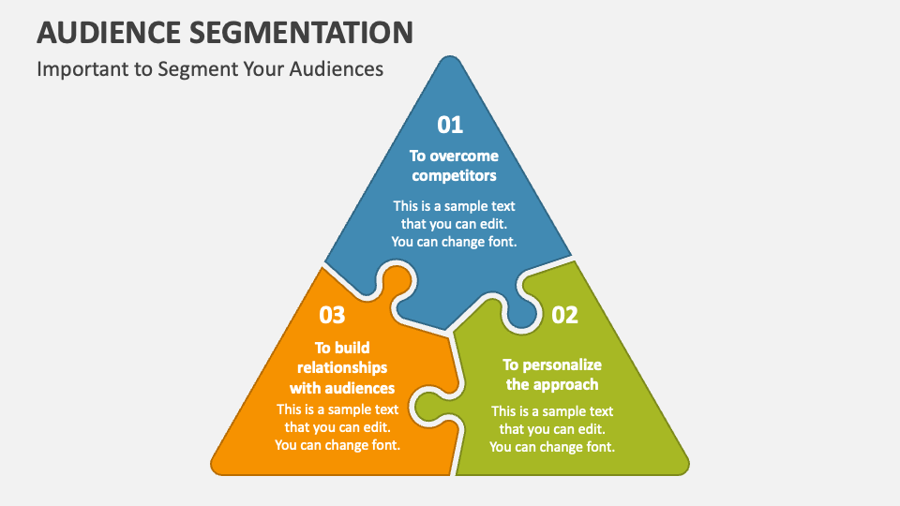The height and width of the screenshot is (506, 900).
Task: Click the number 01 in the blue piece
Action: pos(451,125)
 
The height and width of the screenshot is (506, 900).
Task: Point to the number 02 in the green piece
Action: pos(564,316)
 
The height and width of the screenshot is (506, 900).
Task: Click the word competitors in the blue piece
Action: pos(454,175)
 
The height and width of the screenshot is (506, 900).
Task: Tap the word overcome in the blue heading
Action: pos(465,156)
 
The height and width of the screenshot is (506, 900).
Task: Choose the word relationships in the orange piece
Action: pos(342,367)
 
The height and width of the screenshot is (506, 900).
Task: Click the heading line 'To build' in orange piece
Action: pos(342,348)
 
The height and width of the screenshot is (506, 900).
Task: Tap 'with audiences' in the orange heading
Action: pos(342,388)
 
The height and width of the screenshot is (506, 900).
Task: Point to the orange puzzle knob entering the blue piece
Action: pos(396,280)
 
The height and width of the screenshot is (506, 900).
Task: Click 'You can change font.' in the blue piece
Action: pos(454,241)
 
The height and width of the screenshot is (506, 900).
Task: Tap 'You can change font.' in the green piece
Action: pos(552,447)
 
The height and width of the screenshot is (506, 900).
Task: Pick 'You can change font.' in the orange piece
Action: pos(337,445)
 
